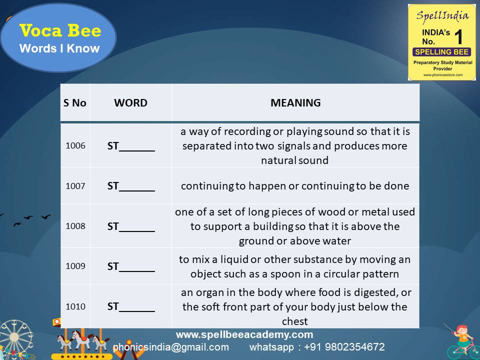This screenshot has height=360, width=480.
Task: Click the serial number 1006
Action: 75,145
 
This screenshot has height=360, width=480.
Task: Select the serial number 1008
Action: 75,225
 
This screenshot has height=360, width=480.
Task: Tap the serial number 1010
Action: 75,306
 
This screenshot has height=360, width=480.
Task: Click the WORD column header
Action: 130,103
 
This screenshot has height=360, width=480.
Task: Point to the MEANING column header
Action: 295,103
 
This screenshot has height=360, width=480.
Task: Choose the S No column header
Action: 75,103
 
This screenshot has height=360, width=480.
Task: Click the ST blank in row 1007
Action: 131,186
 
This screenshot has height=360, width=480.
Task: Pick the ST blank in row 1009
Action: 131,266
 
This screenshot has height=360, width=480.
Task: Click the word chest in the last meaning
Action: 295,321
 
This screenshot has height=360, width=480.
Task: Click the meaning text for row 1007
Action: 295,186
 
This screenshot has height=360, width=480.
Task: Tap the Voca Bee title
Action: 60,31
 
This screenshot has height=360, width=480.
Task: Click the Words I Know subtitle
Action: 59,48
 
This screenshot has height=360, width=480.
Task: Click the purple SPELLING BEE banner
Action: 441,52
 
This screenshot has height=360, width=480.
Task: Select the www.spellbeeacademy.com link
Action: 244,334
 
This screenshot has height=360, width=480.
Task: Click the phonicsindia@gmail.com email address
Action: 171,347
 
